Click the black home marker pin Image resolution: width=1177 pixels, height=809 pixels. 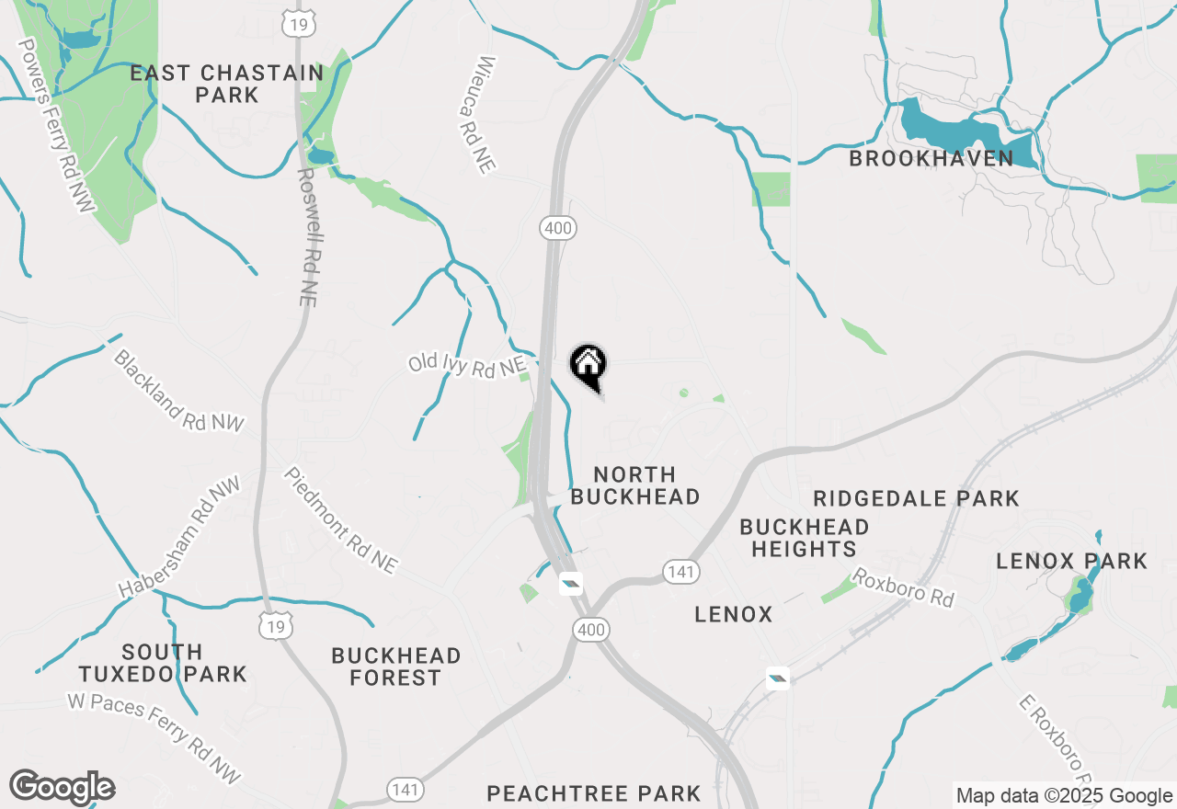(588, 366)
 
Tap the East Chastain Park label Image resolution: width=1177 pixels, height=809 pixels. (226, 84)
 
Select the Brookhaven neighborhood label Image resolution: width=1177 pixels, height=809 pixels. (931, 158)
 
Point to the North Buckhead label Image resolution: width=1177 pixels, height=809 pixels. (635, 485)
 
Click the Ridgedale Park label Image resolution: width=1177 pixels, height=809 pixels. (916, 498)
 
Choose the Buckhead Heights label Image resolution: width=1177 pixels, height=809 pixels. (805, 538)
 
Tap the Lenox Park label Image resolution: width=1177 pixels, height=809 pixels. (1072, 561)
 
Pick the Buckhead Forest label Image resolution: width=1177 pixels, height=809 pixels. (396, 667)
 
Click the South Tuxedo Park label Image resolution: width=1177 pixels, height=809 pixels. (162, 663)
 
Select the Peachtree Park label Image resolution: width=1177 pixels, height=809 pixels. (593, 792)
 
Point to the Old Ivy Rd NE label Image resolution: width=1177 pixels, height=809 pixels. (467, 365)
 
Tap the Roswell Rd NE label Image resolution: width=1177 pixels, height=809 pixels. (307, 236)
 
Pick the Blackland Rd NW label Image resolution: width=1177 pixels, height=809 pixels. (179, 390)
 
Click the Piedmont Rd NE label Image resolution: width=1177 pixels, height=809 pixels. (340, 520)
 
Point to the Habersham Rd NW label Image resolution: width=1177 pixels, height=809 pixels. (177, 538)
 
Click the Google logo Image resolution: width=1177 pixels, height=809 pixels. (62, 788)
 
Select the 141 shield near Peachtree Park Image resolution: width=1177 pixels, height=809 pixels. (406, 789)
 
